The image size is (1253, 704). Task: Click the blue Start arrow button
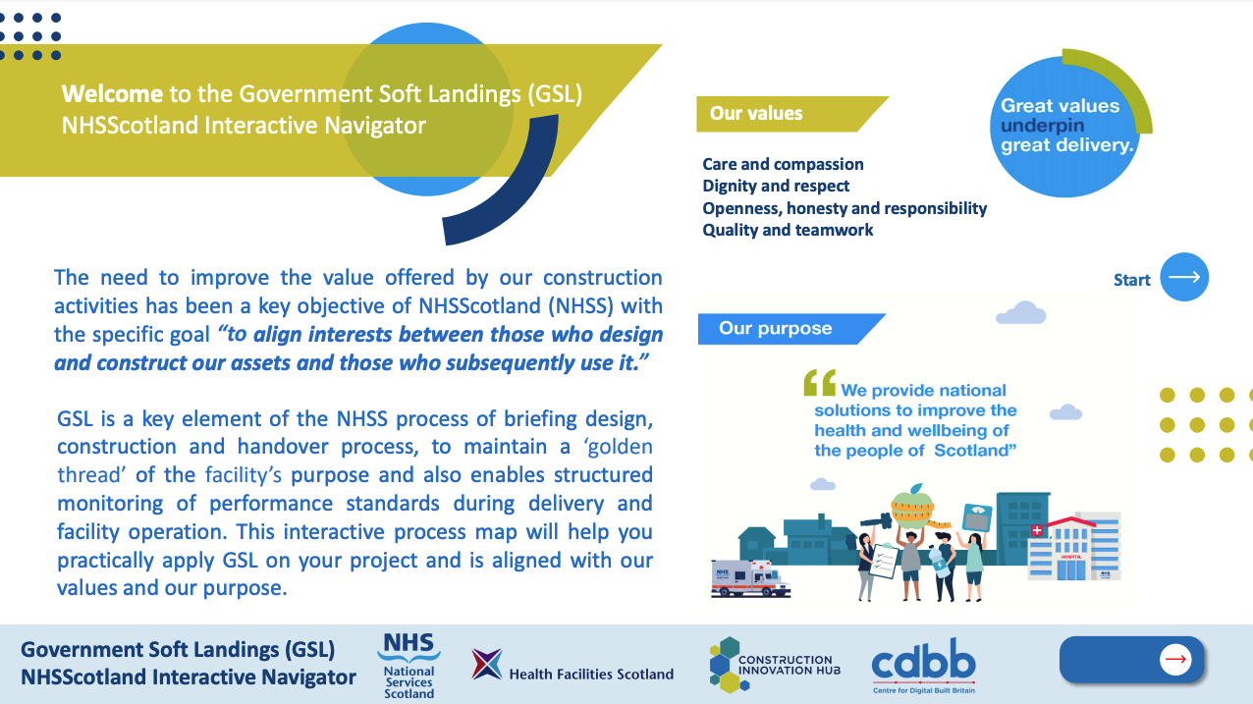(x=1183, y=277)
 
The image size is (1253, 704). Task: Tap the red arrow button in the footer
(x=1174, y=659)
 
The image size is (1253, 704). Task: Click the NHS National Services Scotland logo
(x=409, y=665)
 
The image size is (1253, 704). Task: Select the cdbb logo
(x=923, y=666)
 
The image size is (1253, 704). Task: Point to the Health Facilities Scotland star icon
(x=487, y=665)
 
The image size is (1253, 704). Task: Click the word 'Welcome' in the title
(x=112, y=93)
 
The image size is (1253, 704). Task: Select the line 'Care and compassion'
(x=783, y=164)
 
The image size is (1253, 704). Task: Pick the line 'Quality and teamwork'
(x=788, y=230)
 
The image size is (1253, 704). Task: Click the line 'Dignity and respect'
(x=776, y=186)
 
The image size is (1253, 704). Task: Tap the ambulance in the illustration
(x=750, y=578)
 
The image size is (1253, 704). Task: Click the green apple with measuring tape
(x=913, y=507)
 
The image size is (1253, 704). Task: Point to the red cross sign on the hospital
(x=1037, y=530)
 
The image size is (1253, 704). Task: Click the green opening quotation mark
(x=820, y=383)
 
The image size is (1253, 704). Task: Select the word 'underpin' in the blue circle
(x=1042, y=126)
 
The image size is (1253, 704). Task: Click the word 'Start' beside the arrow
(x=1131, y=280)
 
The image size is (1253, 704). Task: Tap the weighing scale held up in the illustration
(x=977, y=516)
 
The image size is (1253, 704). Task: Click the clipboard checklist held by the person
(x=883, y=561)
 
